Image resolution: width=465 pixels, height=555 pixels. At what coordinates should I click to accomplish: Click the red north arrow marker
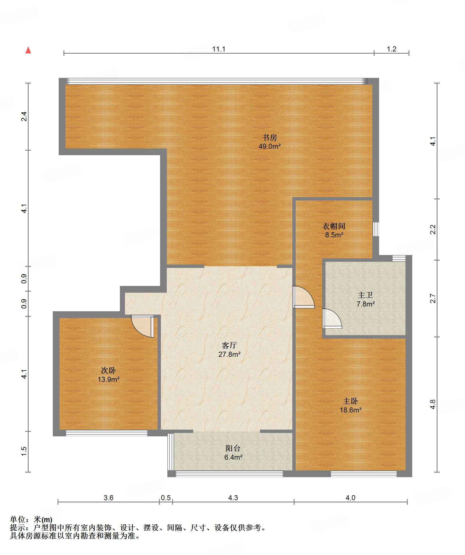point(28,50)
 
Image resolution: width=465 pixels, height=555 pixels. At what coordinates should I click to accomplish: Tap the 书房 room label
point(270,137)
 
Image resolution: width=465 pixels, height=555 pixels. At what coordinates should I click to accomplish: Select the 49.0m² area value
point(270,146)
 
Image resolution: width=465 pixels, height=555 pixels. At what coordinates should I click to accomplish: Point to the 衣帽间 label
point(334,226)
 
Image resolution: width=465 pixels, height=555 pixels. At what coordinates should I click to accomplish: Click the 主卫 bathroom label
point(365,295)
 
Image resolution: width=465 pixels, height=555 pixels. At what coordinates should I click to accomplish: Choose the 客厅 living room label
point(229,345)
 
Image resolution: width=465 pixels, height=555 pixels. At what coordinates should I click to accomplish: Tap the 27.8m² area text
point(229,354)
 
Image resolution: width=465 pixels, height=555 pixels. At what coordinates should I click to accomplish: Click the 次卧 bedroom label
point(108,370)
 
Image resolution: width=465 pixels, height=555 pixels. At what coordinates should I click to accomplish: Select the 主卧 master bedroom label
point(350,401)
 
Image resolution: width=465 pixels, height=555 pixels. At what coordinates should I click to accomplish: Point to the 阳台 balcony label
point(233,448)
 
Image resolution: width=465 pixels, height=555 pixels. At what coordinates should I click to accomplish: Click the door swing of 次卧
point(143,326)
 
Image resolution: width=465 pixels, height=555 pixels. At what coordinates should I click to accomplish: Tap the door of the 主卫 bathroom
point(332,319)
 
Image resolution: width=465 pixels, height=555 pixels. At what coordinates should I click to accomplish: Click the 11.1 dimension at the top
point(219,49)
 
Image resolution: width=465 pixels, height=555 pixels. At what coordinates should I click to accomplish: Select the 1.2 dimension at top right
point(391,49)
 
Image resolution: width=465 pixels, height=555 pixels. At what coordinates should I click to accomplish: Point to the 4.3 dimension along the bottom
point(233,498)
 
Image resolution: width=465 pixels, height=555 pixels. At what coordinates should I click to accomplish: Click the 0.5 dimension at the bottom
point(166,498)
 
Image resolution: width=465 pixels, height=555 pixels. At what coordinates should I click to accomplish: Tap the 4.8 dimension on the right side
point(433,404)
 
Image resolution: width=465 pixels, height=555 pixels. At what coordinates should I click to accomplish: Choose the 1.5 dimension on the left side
point(24,451)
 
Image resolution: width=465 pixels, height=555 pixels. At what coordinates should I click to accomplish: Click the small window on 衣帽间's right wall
point(376,229)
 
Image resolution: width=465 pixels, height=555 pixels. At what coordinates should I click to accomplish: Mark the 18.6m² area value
point(350,410)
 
